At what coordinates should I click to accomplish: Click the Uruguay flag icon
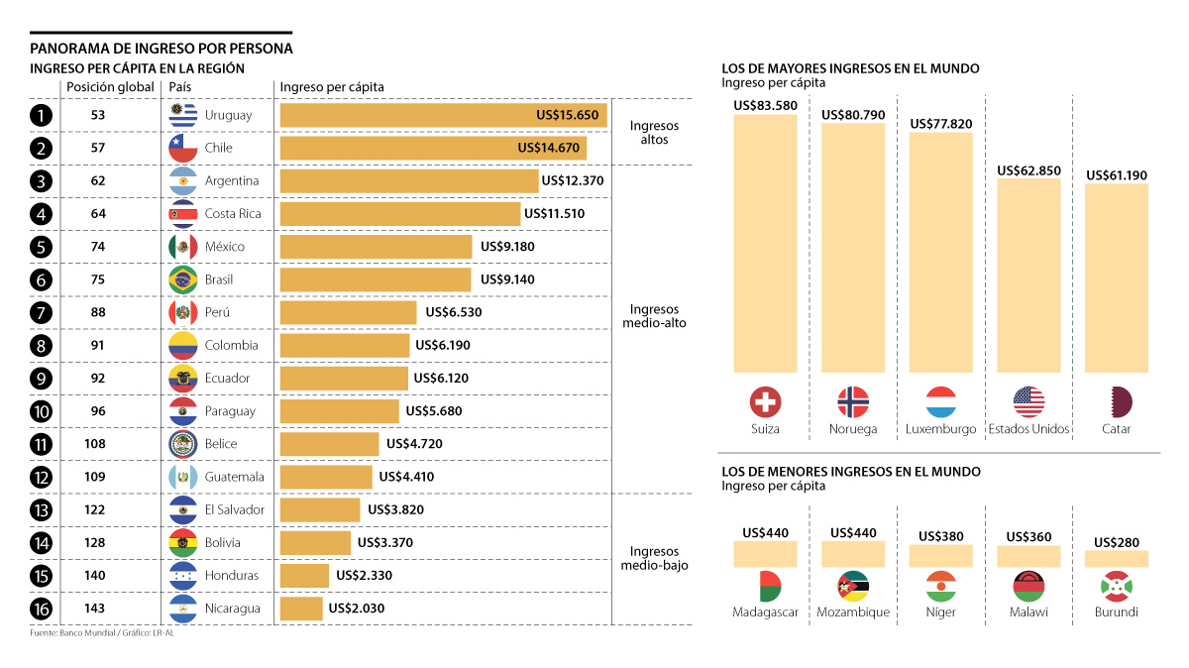point(183,115)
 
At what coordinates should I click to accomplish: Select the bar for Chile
point(433,148)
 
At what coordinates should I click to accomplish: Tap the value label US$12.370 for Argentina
point(572,180)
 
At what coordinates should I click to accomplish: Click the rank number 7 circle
point(41,312)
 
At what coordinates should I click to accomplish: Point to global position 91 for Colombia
point(97,345)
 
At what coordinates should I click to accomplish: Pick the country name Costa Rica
point(233,214)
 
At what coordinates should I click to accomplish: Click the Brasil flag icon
point(183,279)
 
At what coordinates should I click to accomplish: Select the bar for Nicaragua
point(301,608)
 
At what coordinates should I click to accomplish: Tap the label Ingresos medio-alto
point(654,316)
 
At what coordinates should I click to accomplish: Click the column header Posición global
point(110,87)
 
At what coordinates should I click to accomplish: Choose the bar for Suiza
point(765,243)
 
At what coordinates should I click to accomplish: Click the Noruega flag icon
point(853,401)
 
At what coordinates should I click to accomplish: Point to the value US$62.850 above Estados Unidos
point(1028,170)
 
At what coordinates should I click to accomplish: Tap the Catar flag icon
point(1117,401)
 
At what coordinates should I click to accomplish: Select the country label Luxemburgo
point(940,429)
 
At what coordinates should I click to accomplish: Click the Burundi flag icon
point(1117,586)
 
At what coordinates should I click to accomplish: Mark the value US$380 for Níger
point(940,536)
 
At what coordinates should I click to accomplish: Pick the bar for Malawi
point(1028,556)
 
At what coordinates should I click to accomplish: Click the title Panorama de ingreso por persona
point(162,48)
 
